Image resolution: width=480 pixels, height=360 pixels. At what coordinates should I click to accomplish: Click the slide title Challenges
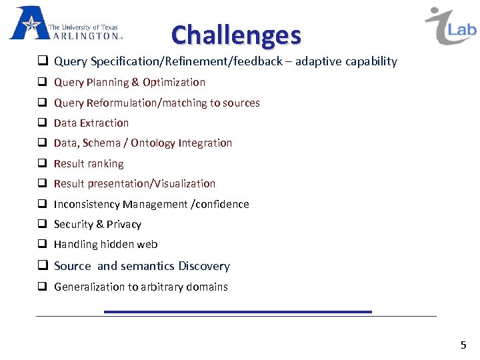point(236,35)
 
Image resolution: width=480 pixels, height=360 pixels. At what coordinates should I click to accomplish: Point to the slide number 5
point(463,345)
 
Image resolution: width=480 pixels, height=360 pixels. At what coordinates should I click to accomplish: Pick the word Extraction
point(105,123)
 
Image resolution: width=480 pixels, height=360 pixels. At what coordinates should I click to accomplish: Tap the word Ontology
point(153,143)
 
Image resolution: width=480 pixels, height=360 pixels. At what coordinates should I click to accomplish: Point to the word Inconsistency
point(87,205)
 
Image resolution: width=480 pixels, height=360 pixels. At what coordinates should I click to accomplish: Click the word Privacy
point(123,225)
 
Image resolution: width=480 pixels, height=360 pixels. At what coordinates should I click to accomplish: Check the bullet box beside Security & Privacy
point(41,225)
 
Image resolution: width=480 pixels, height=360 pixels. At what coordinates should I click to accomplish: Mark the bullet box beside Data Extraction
point(41,123)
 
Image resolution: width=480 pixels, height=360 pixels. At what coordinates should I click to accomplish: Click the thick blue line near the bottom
point(237,311)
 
